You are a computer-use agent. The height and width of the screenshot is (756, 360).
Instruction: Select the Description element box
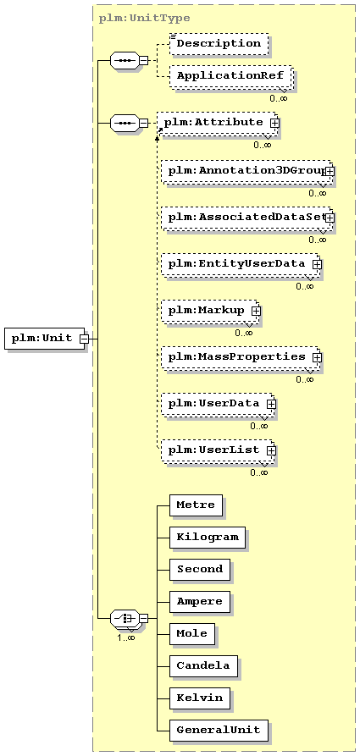219,43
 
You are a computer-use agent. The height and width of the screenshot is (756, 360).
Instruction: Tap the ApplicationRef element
231,76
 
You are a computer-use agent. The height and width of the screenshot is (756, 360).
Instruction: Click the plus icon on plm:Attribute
274,123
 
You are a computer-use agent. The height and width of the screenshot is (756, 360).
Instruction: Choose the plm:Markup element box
211,310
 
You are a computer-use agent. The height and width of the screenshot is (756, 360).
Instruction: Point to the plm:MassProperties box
241,356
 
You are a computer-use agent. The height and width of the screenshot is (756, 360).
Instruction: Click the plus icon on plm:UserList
271,450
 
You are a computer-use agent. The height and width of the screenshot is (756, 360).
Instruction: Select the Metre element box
196,505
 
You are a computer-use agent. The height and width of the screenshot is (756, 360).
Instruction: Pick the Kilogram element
208,537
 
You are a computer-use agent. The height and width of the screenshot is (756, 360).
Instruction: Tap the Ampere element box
200,601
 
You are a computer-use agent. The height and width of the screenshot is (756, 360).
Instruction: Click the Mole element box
192,633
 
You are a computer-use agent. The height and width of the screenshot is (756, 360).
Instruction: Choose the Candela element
203,666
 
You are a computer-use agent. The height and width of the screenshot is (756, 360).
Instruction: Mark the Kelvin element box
200,698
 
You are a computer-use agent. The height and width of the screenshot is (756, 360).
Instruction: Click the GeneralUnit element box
219,730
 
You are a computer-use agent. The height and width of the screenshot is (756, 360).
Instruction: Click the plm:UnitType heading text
144,19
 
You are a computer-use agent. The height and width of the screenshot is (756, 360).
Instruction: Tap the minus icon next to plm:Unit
84,339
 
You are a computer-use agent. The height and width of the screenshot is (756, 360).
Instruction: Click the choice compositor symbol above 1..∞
125,618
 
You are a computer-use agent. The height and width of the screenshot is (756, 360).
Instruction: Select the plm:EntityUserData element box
241,264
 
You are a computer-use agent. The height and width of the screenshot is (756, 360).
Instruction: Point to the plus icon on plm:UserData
271,404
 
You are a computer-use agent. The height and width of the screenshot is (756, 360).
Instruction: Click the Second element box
200,569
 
